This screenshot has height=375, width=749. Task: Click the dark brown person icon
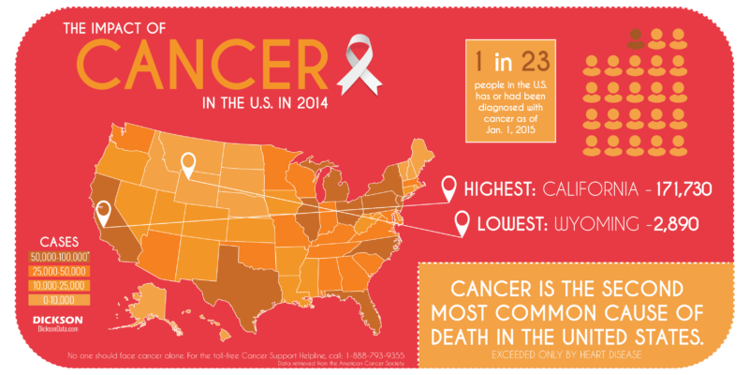637,38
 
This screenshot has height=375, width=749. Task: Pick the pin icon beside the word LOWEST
461,224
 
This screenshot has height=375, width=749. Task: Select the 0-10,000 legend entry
59,300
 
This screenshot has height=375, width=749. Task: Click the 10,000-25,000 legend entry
59,285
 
